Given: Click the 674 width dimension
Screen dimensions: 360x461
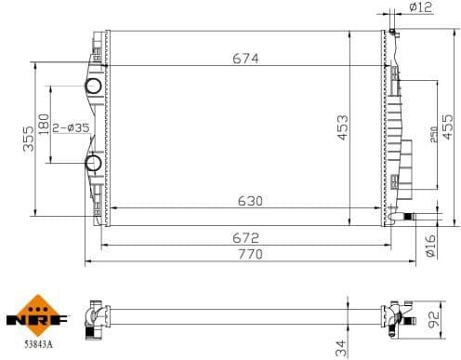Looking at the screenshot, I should click(245, 58).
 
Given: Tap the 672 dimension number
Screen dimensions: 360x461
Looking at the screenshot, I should click(245, 237).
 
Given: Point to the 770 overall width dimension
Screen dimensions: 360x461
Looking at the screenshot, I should click(248, 253).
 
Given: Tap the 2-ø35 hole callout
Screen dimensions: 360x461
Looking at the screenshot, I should click(71, 127).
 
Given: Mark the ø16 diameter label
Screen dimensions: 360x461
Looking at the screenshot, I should click(429, 245).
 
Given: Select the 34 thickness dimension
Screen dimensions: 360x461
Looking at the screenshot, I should click(341, 346).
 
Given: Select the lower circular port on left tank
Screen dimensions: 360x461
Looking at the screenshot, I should click(94, 165).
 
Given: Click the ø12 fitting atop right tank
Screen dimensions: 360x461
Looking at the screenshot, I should click(393, 33).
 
